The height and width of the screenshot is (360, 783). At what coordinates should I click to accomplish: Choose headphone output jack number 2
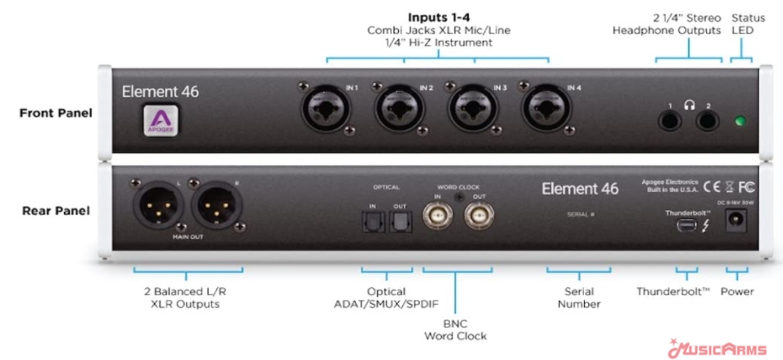(x=709, y=120)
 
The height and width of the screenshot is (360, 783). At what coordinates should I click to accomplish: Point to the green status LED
(x=741, y=121)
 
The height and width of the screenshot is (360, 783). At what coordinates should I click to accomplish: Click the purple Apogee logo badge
(x=159, y=119)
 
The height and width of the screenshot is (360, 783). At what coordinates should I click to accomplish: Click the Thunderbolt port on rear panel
(x=686, y=227)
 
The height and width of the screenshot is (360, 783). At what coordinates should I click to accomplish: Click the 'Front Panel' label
(x=55, y=112)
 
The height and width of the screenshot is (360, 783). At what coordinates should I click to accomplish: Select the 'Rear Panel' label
(x=56, y=210)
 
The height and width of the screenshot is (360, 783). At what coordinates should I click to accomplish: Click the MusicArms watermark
(x=717, y=350)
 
